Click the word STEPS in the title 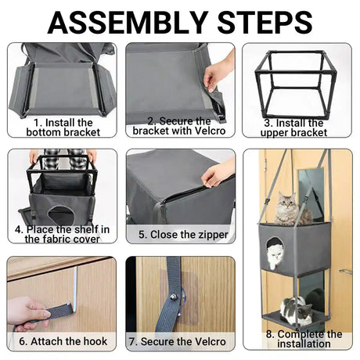tap(265, 22)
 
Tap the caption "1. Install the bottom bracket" tap(63, 128)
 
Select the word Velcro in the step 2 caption tap(210, 131)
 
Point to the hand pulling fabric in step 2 tap(218, 70)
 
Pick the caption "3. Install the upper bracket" tap(294, 128)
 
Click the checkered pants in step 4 tap(64, 158)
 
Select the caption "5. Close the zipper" tap(183, 234)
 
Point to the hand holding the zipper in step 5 tap(218, 173)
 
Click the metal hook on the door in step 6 tap(75, 290)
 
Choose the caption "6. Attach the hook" tap(63, 341)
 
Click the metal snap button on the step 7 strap tap(173, 297)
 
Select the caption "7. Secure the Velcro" tap(178, 342)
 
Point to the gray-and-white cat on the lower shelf tap(297, 311)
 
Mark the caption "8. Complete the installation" tap(304, 339)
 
